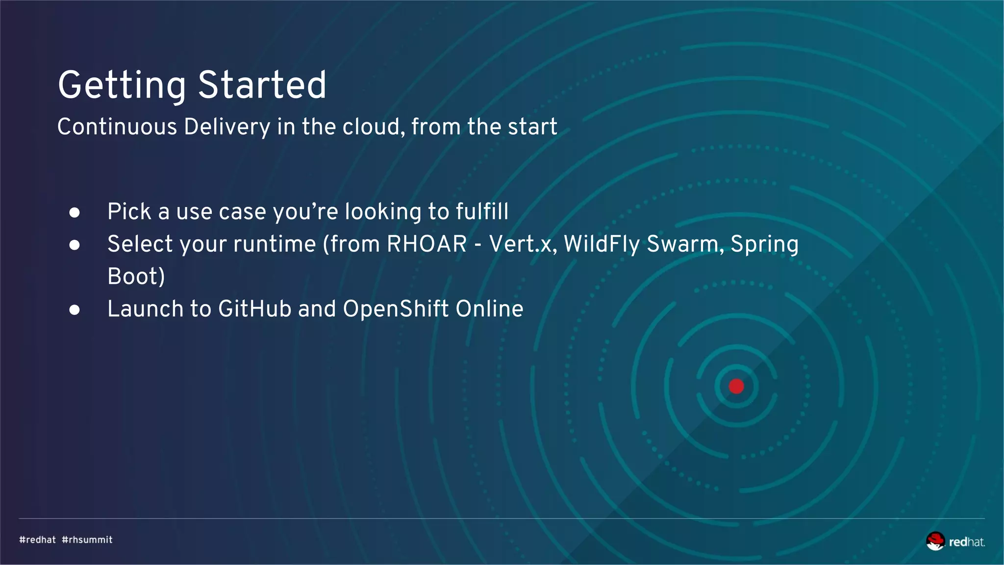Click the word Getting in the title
click(122, 86)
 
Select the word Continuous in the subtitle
click(117, 127)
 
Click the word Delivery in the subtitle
click(227, 128)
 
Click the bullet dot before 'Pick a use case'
click(75, 212)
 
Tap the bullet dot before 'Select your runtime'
click(75, 245)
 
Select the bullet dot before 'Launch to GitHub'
click(75, 309)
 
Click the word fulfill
click(482, 212)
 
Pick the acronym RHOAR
click(427, 244)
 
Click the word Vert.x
click(523, 244)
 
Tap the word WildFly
click(602, 244)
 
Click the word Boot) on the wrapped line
click(136, 277)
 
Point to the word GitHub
click(255, 309)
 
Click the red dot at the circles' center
click(736, 386)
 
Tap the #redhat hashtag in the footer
click(38, 539)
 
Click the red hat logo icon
click(935, 541)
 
